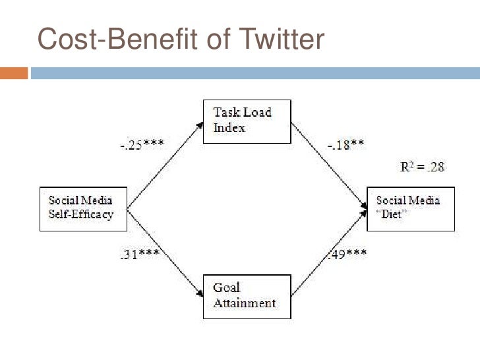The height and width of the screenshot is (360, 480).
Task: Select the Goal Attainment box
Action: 247,295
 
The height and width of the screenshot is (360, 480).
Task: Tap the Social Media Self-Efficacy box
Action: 82,208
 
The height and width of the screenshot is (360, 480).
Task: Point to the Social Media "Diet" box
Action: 410,208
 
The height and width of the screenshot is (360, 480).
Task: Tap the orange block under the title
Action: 14,73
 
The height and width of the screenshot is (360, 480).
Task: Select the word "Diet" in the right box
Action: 393,214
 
